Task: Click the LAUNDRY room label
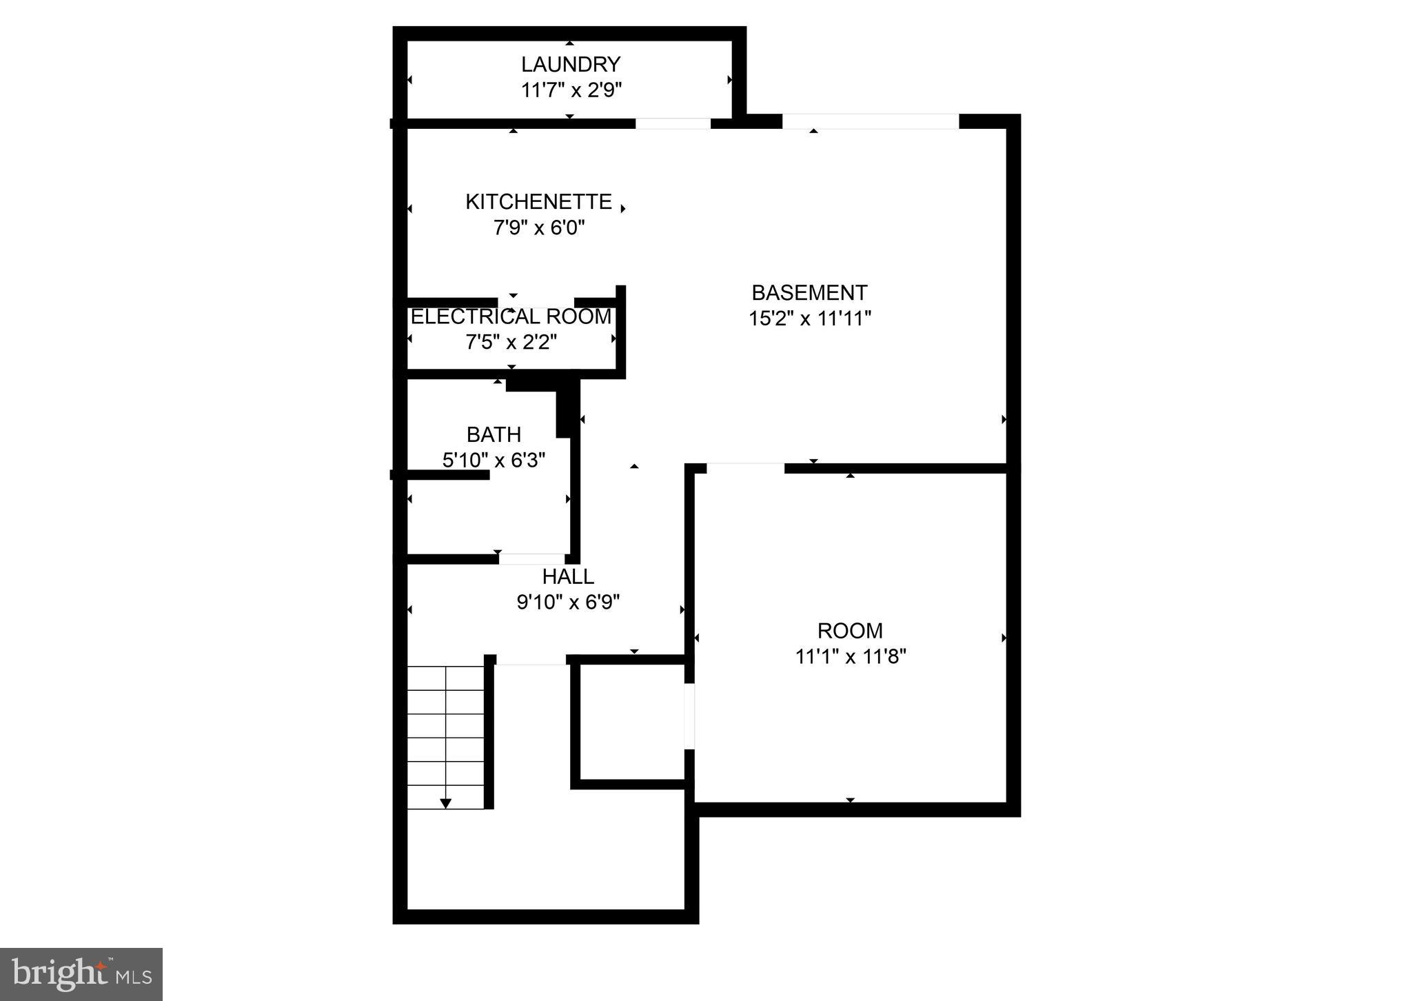(570, 64)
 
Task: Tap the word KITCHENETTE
(538, 201)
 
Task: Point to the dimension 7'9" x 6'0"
(539, 228)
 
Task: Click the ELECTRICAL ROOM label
(511, 316)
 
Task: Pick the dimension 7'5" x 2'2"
(511, 342)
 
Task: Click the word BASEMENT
(809, 293)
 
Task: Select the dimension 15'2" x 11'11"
(810, 318)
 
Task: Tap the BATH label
(494, 434)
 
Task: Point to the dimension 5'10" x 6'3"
(494, 460)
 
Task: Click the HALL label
(568, 576)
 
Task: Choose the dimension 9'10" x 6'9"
(568, 603)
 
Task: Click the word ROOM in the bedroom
(850, 631)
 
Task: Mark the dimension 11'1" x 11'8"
(850, 656)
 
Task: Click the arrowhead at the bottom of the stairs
(446, 803)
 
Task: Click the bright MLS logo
(81, 974)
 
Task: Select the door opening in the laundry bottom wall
(673, 123)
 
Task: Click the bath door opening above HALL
(531, 559)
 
